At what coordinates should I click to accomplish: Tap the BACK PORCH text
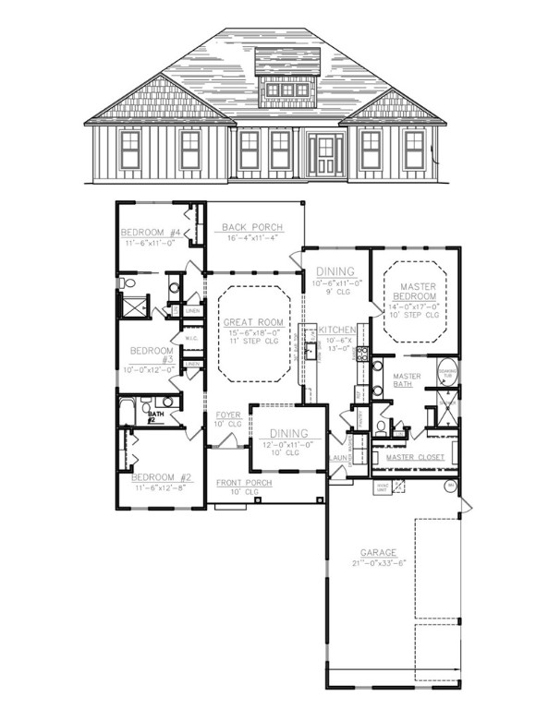(x=251, y=227)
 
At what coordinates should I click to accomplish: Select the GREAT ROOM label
(x=252, y=322)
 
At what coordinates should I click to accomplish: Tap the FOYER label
(x=227, y=415)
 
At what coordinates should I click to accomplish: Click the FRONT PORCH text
(x=245, y=483)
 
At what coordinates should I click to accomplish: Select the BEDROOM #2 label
(x=161, y=477)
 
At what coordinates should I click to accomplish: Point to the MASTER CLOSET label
(x=414, y=457)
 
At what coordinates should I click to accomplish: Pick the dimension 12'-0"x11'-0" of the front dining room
(x=289, y=445)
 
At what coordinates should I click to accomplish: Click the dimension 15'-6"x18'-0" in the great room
(x=252, y=333)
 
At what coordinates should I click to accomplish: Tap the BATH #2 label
(x=155, y=418)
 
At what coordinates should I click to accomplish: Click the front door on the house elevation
(x=324, y=154)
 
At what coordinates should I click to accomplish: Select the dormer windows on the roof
(x=286, y=90)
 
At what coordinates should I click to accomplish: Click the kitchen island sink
(x=311, y=351)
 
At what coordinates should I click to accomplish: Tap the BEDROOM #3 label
(x=148, y=356)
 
